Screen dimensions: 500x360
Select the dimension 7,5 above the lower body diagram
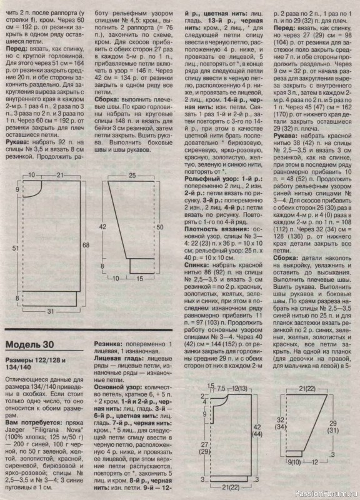pyautogui.click(x=222, y=389)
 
